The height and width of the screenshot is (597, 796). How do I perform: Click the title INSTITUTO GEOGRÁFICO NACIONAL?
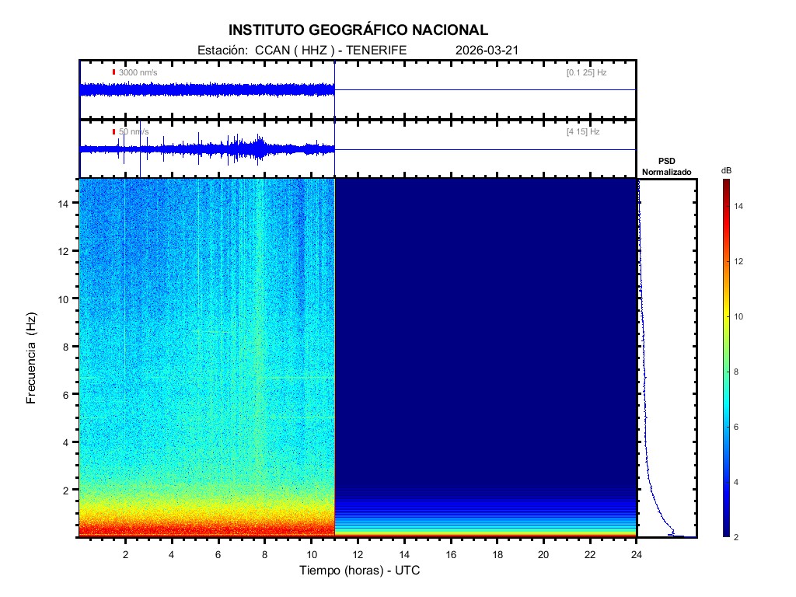click(x=358, y=30)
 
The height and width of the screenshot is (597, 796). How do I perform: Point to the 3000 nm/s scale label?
click(x=138, y=72)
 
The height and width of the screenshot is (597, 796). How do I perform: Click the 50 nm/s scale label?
click(x=133, y=132)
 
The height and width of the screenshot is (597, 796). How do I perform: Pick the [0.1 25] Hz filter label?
click(x=586, y=72)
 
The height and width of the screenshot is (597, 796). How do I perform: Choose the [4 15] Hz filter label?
click(x=583, y=132)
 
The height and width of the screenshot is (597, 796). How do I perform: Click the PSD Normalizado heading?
click(x=666, y=166)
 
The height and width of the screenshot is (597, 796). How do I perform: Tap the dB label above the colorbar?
click(x=726, y=170)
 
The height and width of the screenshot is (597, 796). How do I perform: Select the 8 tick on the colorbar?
click(x=738, y=372)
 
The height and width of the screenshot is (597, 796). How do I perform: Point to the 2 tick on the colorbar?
click(x=738, y=537)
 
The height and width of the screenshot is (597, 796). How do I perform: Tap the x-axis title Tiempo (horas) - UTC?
click(x=360, y=571)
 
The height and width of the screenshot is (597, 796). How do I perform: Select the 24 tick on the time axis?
click(x=637, y=553)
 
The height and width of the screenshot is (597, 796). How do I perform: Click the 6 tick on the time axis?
click(x=218, y=553)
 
